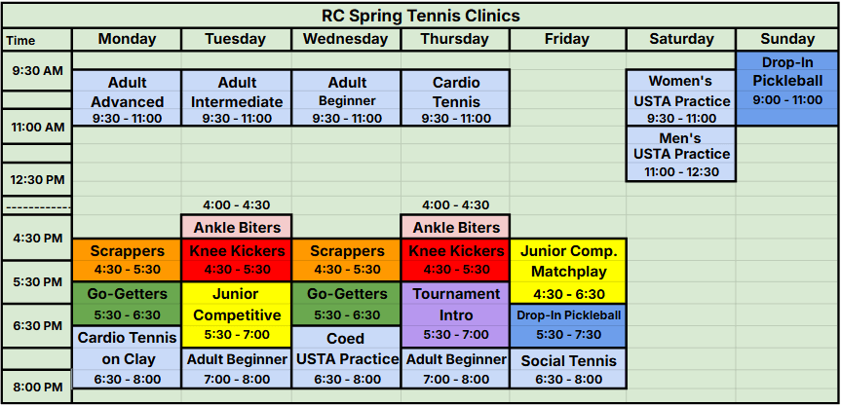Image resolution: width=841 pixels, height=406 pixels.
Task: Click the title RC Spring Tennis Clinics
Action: (421, 16)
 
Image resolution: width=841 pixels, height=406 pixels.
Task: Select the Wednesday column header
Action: (345, 39)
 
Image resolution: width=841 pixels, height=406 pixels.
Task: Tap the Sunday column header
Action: (786, 39)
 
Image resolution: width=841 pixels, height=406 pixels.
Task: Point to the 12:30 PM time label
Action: (38, 179)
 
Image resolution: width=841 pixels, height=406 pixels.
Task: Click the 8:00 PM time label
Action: (38, 387)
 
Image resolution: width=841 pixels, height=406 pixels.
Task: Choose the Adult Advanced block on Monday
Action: (127, 98)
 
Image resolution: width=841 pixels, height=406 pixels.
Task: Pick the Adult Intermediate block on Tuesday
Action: (237, 98)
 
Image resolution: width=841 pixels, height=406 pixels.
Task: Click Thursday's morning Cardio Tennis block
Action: (455, 98)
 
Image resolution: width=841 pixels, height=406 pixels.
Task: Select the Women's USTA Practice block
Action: (681, 98)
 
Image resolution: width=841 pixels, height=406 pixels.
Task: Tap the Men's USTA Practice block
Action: (681, 154)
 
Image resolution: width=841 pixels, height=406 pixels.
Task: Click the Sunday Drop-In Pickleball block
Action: (786, 89)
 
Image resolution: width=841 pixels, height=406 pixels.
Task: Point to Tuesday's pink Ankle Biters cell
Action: (237, 227)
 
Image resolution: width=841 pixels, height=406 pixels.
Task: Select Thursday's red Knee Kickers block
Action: (455, 260)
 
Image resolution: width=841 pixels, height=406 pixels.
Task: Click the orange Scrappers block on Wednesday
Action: (346, 260)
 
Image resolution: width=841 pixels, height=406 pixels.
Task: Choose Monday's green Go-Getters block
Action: (127, 304)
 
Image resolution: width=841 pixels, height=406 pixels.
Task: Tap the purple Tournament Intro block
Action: (455, 314)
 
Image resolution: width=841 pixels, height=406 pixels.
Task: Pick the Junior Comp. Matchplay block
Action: (568, 271)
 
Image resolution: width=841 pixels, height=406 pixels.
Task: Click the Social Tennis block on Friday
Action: (568, 368)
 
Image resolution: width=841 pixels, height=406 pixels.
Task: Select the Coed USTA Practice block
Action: (346, 357)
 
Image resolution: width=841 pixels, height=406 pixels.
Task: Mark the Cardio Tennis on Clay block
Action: (127, 357)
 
